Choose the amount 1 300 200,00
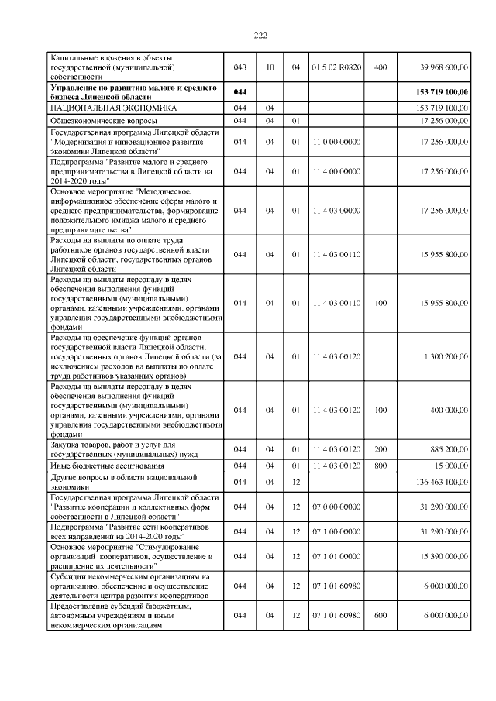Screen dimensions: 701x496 [x=446, y=356]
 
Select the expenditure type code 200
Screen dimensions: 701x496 [x=380, y=449]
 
